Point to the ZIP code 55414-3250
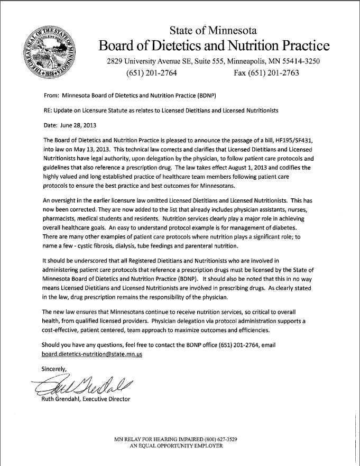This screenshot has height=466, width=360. coord(298,61)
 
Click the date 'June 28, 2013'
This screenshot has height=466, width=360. coord(77,125)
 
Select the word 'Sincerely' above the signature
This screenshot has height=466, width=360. coord(55,368)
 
